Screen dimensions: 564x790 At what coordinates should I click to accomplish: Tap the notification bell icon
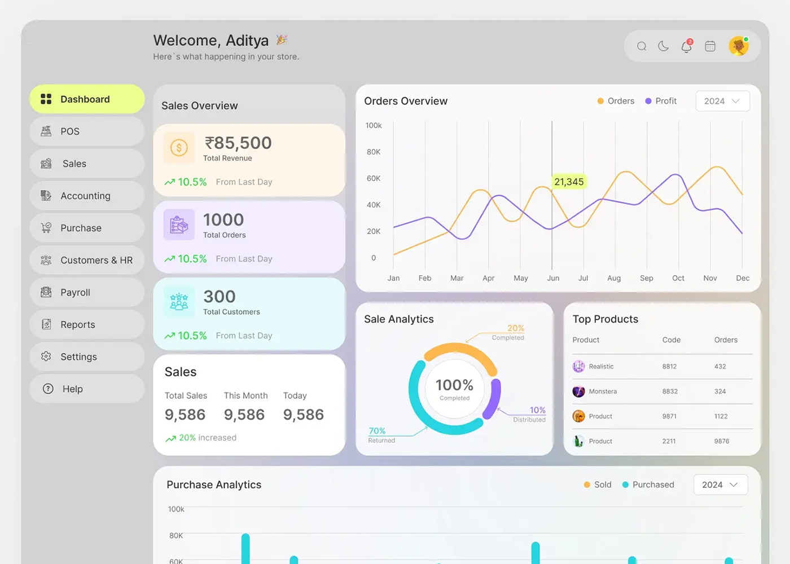[686, 46]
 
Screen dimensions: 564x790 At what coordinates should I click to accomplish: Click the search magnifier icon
[642, 46]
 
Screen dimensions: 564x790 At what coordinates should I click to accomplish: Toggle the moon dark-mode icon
[664, 46]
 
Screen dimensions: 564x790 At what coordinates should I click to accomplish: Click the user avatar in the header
[738, 46]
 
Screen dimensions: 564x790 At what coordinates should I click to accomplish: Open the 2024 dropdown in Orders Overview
[722, 101]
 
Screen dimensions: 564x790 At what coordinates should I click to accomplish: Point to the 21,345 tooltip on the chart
[569, 182]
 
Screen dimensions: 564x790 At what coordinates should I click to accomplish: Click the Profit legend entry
[661, 101]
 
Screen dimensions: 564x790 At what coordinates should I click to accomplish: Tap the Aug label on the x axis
[614, 278]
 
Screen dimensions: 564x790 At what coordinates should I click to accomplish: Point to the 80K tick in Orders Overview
[374, 152]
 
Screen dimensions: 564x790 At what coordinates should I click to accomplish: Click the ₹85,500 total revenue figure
[238, 143]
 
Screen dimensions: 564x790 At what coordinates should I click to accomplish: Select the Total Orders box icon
[179, 224]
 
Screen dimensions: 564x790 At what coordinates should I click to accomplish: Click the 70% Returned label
[378, 434]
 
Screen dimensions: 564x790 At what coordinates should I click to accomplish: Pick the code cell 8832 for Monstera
[670, 391]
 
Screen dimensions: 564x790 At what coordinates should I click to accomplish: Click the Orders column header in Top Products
[726, 340]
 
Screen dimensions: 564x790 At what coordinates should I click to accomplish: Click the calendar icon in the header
[710, 46]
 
